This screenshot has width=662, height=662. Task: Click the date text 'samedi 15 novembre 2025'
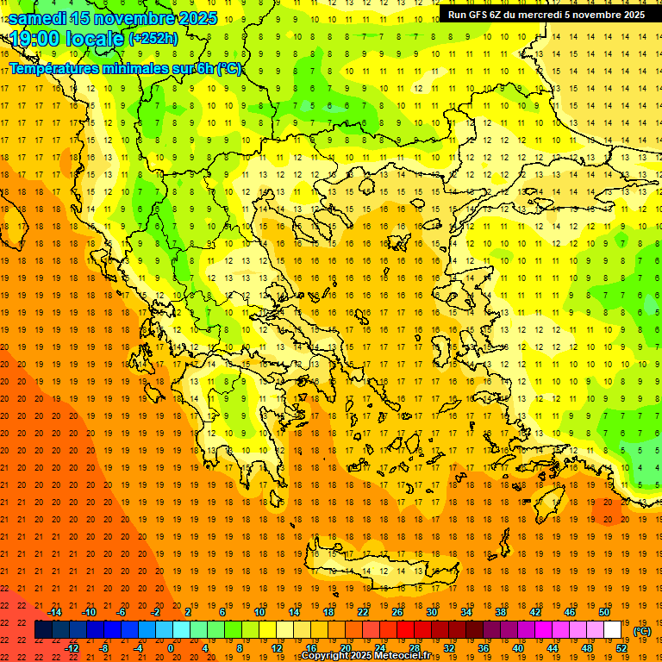click(113, 18)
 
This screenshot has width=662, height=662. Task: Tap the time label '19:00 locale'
click(68, 39)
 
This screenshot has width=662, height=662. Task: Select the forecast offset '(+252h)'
click(153, 39)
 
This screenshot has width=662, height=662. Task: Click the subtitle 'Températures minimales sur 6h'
click(112, 69)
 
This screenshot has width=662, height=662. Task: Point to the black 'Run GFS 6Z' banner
click(546, 15)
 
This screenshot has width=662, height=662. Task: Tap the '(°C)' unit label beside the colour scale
click(642, 631)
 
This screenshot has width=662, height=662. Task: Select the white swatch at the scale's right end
click(613, 630)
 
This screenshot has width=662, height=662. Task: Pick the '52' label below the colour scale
click(621, 648)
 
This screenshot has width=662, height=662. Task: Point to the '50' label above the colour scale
click(604, 612)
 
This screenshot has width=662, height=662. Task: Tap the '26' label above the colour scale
click(397, 612)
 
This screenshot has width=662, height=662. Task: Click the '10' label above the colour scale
click(259, 612)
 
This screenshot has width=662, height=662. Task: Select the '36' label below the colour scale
click(484, 648)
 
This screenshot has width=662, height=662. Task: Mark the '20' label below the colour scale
click(346, 648)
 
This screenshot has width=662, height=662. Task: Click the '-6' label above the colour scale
click(122, 612)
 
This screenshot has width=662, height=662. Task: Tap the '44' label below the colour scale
click(553, 648)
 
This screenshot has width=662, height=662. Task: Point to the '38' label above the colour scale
click(501, 612)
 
